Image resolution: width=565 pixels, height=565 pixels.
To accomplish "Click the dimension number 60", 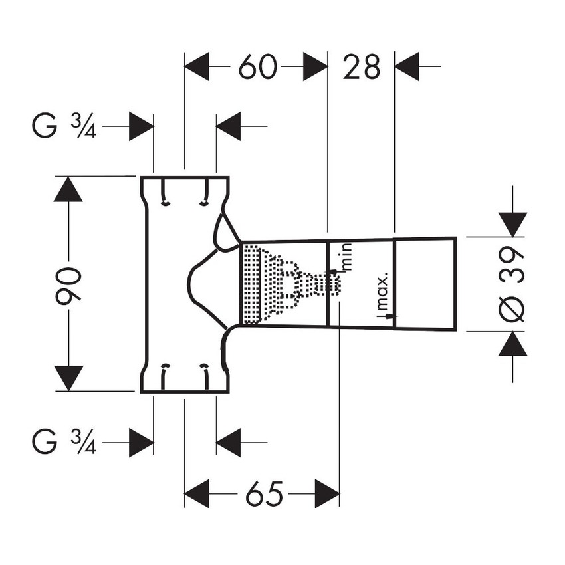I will coord(257,67).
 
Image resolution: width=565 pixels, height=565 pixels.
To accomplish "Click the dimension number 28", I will coord(362,67).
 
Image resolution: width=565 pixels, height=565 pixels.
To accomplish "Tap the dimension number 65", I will coord(262,494).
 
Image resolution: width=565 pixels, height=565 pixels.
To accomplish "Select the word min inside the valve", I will coord(346,256).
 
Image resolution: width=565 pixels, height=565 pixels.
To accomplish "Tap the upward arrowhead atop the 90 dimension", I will coord(68,189).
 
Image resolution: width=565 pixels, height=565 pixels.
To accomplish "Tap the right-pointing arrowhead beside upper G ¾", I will coord(142,127).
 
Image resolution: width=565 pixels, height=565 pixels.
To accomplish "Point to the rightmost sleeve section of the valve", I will coord(425,283).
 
